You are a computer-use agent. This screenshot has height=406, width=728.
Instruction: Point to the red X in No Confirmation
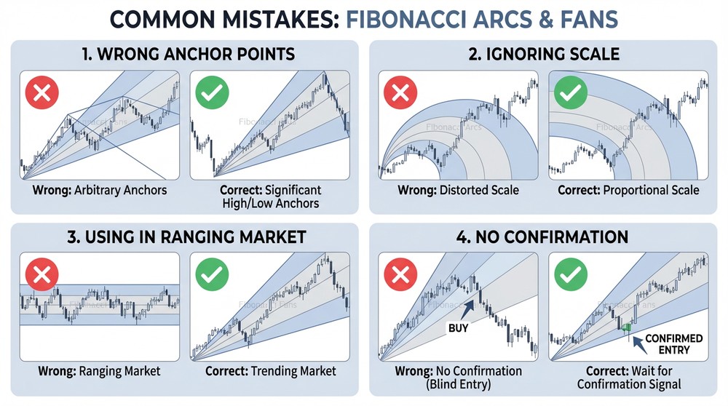point(397,274)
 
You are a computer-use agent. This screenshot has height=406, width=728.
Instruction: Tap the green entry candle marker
point(625,327)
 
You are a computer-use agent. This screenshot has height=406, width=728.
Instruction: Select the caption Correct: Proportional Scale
point(628,191)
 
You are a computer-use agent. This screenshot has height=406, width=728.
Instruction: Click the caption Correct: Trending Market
point(271,371)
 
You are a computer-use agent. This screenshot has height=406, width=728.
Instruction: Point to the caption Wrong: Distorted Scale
point(458,191)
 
